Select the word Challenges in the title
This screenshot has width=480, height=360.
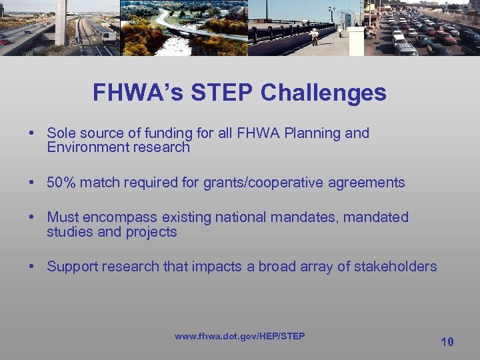pyautogui.click(x=323, y=93)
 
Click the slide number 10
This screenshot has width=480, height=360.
pyautogui.click(x=447, y=342)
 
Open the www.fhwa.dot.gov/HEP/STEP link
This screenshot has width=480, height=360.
pyautogui.click(x=239, y=336)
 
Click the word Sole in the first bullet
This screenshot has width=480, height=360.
pyautogui.click(x=61, y=133)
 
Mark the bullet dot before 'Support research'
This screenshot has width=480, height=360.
pyautogui.click(x=32, y=267)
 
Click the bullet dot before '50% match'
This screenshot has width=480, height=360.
pyautogui.click(x=32, y=183)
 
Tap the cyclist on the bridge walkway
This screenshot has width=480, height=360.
pyautogui.click(x=313, y=35)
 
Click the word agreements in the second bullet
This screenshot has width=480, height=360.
pyautogui.click(x=368, y=183)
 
